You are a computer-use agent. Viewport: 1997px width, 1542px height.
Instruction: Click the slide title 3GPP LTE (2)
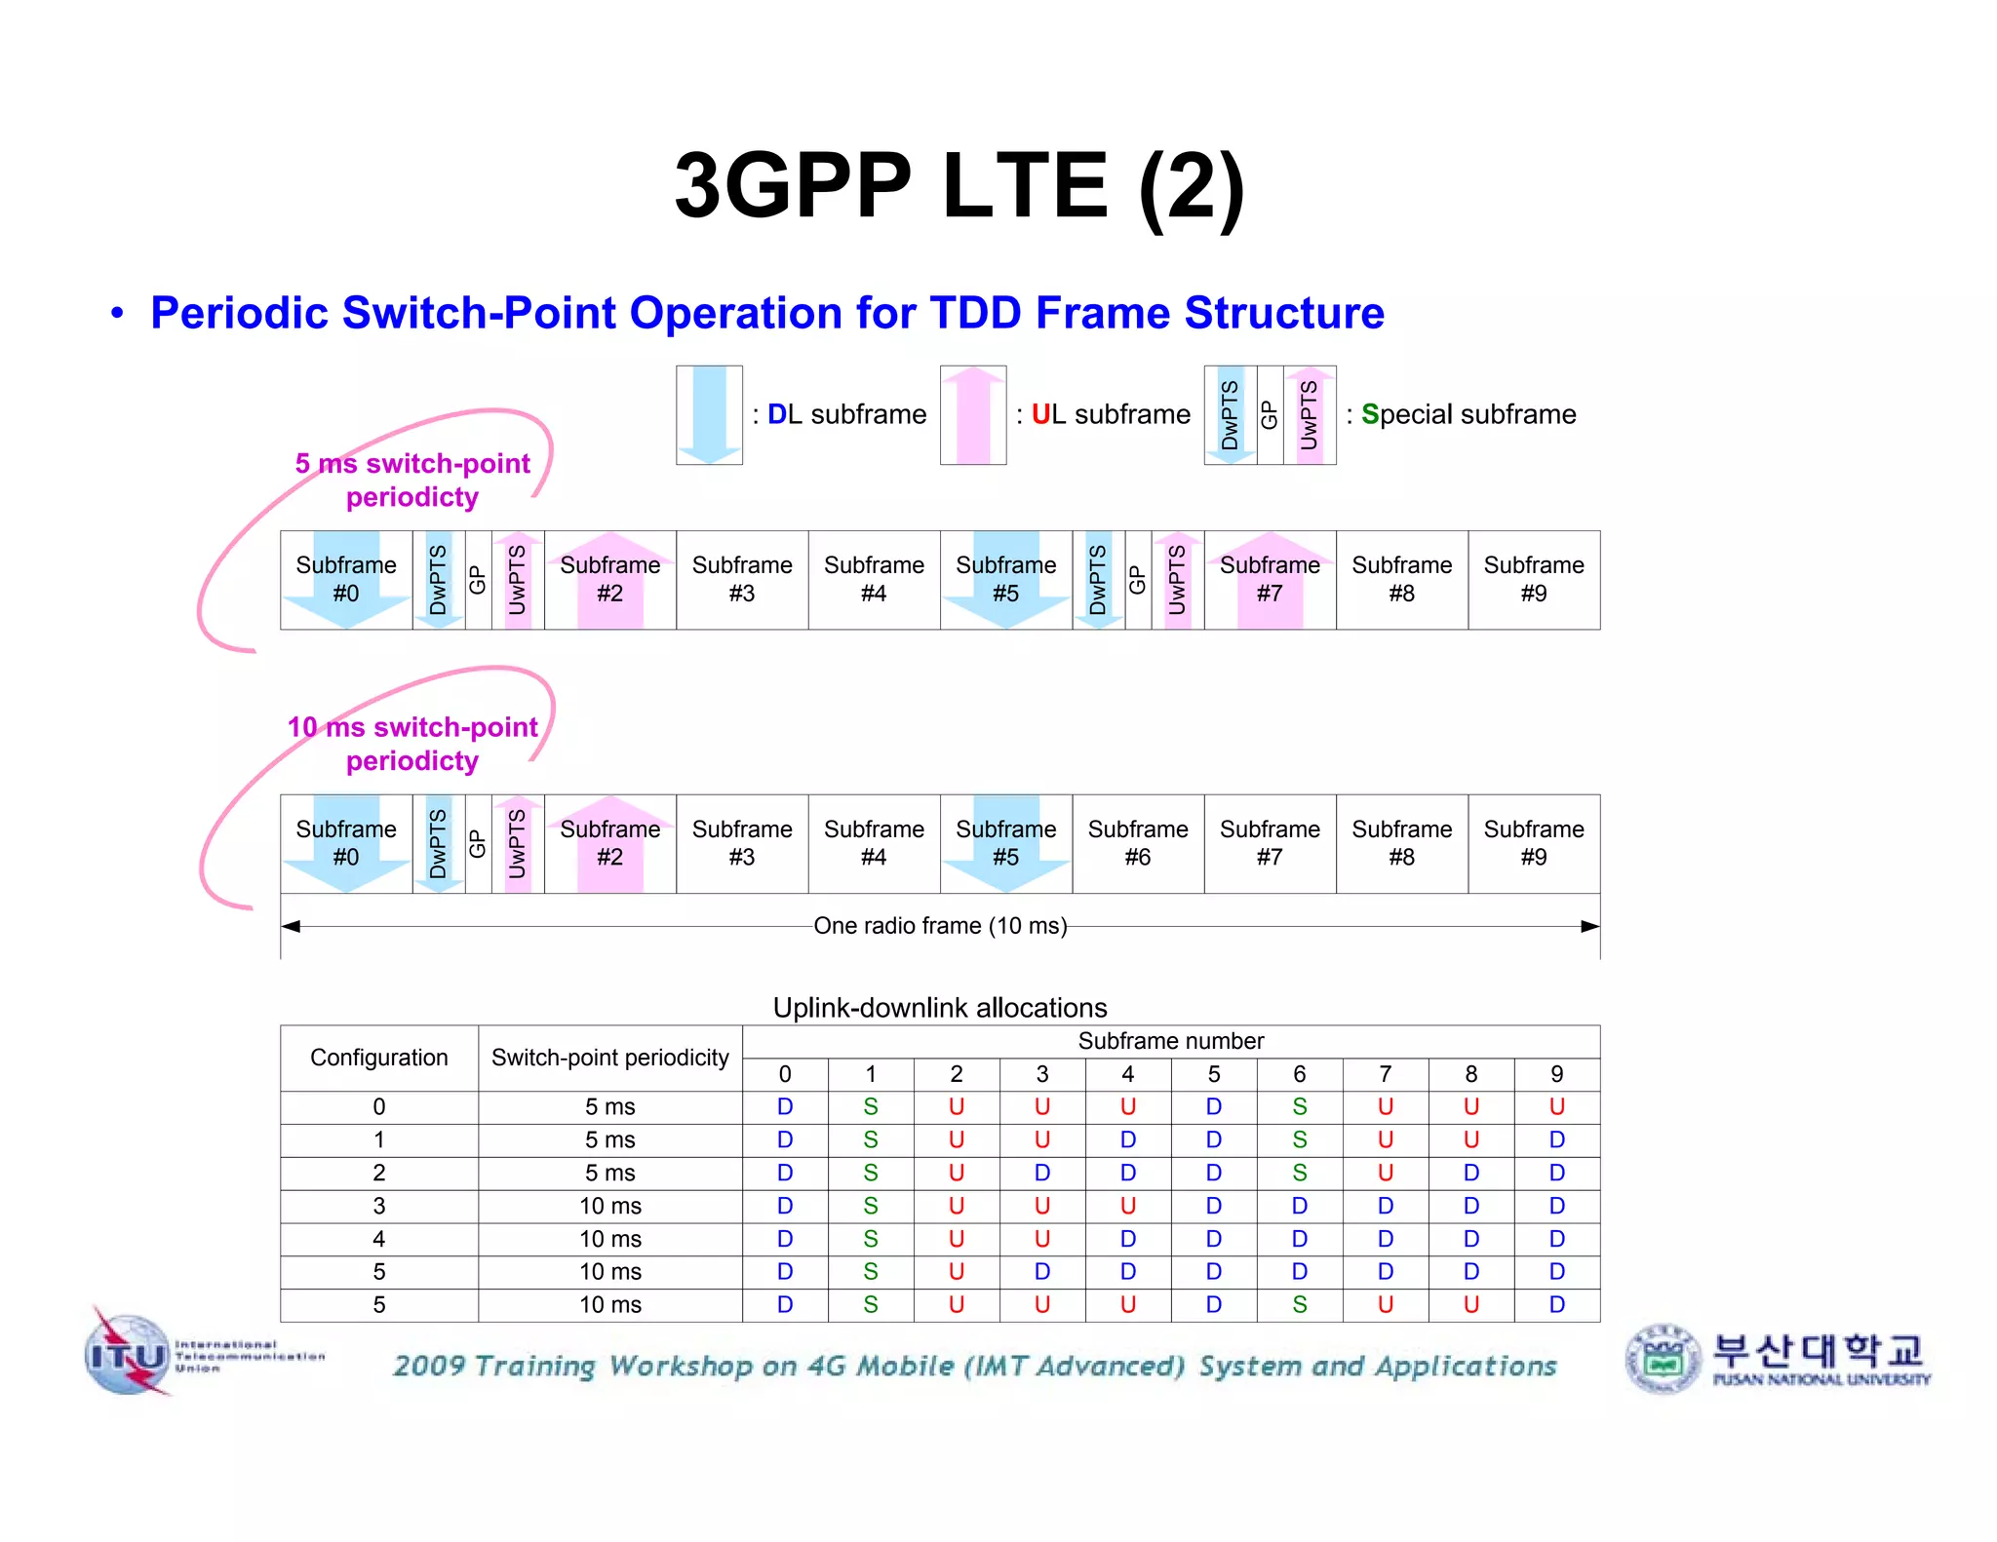[x=959, y=185]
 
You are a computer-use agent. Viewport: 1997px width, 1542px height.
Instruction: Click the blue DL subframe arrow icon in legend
[x=709, y=414]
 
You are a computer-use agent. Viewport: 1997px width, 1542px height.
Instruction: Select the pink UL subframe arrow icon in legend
[x=972, y=414]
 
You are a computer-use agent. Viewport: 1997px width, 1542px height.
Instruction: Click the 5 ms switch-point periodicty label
[x=412, y=480]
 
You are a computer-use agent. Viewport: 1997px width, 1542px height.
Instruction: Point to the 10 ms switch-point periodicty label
[x=412, y=744]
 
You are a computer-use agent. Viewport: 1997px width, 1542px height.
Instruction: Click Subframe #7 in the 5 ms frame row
[x=1270, y=579]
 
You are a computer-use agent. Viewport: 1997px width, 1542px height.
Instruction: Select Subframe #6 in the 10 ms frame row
[x=1138, y=843]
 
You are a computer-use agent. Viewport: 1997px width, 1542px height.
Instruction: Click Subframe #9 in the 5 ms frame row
[x=1534, y=579]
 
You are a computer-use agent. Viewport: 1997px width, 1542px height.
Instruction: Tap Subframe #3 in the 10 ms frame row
[x=742, y=843]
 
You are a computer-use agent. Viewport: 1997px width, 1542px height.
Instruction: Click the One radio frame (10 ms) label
[x=940, y=925]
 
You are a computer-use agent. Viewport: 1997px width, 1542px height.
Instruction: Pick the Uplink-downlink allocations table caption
[x=940, y=1007]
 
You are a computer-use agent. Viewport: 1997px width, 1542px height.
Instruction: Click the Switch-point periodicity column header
[x=609, y=1058]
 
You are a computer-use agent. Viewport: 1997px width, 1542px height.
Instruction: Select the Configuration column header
[x=378, y=1058]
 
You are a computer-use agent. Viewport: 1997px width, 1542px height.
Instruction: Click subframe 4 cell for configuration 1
[x=1127, y=1139]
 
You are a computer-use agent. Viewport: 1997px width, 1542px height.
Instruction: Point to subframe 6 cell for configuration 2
[x=1299, y=1173]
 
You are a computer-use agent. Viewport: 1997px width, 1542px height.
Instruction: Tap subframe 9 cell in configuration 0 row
[x=1556, y=1106]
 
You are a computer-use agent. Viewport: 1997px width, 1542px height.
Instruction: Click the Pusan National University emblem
[x=1664, y=1358]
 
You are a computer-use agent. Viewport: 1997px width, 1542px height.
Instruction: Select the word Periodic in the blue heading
[x=239, y=313]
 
